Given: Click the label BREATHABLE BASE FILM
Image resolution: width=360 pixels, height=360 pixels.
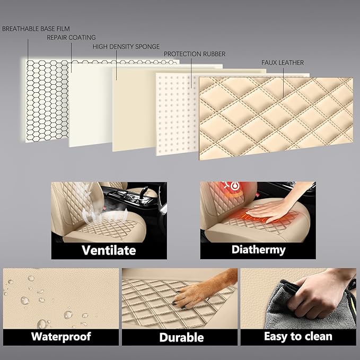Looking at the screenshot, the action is pyautogui.click(x=36, y=29).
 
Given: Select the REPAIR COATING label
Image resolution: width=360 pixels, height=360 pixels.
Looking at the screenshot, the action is pyautogui.click(x=71, y=38).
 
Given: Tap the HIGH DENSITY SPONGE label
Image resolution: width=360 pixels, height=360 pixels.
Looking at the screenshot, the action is pyautogui.click(x=126, y=47).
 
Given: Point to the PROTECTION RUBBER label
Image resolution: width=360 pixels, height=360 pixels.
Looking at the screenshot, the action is pyautogui.click(x=195, y=54).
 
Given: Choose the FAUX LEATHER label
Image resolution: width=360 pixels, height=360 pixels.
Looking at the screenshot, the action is pyautogui.click(x=283, y=63).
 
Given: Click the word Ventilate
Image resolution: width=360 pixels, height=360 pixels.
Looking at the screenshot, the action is pyautogui.click(x=109, y=250).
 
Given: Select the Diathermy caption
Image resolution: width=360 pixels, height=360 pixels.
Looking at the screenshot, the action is pyautogui.click(x=259, y=250).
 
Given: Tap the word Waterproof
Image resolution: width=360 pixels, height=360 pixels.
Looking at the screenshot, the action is pyautogui.click(x=61, y=337).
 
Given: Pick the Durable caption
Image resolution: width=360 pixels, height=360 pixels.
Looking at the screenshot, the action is pyautogui.click(x=181, y=337).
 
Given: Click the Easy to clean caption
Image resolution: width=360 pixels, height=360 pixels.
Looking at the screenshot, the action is pyautogui.click(x=298, y=336).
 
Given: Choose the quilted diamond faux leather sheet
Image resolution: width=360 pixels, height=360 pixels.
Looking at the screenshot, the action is pyautogui.click(x=276, y=118).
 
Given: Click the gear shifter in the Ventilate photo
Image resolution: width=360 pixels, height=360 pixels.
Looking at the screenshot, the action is pyautogui.click(x=144, y=191).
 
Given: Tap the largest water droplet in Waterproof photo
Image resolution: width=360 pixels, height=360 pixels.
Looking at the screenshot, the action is pyautogui.click(x=42, y=324).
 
